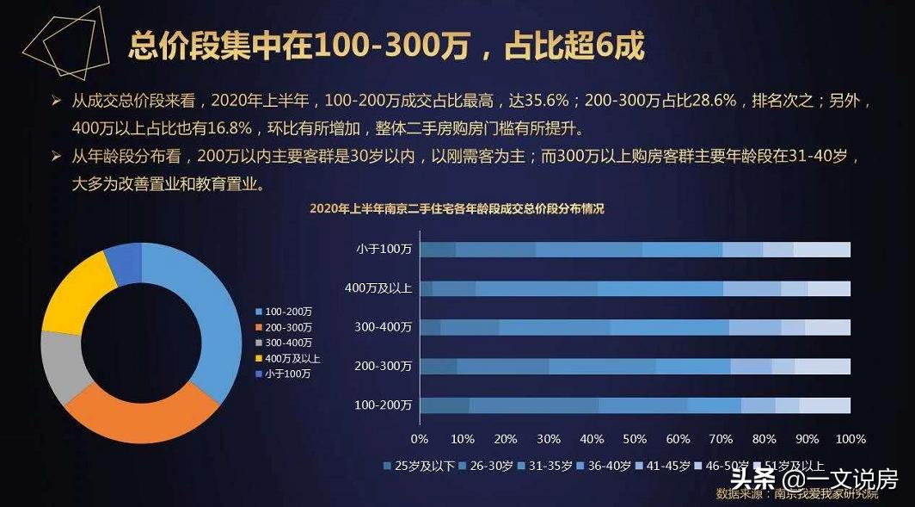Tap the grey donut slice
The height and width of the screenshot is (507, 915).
(x=59, y=366)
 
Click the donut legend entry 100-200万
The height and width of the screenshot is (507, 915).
(x=288, y=311)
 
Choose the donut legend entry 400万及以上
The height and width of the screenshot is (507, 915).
(x=292, y=358)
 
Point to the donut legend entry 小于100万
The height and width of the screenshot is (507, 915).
(x=288, y=374)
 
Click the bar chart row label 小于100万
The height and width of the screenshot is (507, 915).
(x=384, y=250)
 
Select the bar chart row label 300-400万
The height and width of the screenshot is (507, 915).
(x=384, y=327)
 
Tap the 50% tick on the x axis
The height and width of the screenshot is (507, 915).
(x=636, y=439)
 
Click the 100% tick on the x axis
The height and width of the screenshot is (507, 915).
(x=851, y=439)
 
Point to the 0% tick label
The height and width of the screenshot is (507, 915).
(x=420, y=439)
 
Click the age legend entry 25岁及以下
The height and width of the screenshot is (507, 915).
(x=417, y=466)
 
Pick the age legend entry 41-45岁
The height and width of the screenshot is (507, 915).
(x=667, y=466)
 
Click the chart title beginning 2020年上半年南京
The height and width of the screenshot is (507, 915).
(x=457, y=208)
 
